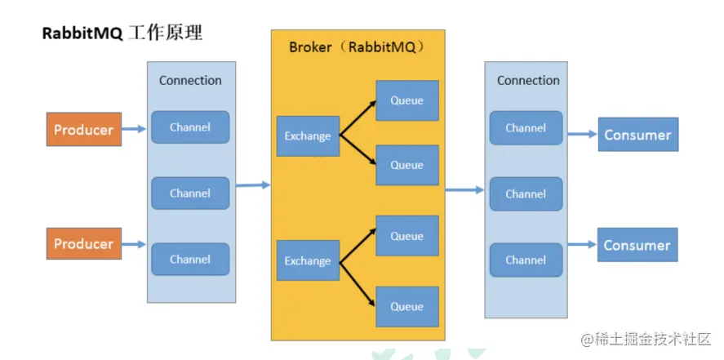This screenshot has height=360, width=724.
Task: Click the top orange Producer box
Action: click(x=83, y=129)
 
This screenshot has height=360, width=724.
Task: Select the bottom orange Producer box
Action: click(x=83, y=244)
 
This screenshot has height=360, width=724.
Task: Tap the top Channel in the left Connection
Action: click(x=190, y=127)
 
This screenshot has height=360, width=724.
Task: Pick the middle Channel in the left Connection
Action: click(x=190, y=193)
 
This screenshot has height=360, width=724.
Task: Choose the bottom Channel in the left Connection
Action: click(x=190, y=260)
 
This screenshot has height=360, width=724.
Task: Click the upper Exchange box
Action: click(x=308, y=136)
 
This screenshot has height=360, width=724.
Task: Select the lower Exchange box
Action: click(x=308, y=261)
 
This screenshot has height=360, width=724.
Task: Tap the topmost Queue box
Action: click(x=406, y=101)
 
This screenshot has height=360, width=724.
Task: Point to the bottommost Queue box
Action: click(x=406, y=307)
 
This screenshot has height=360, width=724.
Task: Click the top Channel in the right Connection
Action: click(x=526, y=128)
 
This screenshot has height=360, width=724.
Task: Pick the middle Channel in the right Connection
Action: click(x=526, y=194)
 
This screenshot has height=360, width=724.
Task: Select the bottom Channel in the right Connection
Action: click(x=526, y=260)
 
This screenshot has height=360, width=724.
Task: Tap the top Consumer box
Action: click(x=637, y=135)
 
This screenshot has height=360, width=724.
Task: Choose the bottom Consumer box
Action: click(x=637, y=245)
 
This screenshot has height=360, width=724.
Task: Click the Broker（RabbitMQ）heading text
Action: click(x=357, y=47)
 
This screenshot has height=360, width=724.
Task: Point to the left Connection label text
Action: click(x=190, y=80)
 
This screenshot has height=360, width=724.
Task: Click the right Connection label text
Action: click(x=528, y=80)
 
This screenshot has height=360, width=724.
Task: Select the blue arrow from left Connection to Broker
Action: click(x=253, y=185)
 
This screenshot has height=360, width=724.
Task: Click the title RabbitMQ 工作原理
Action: click(x=122, y=34)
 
